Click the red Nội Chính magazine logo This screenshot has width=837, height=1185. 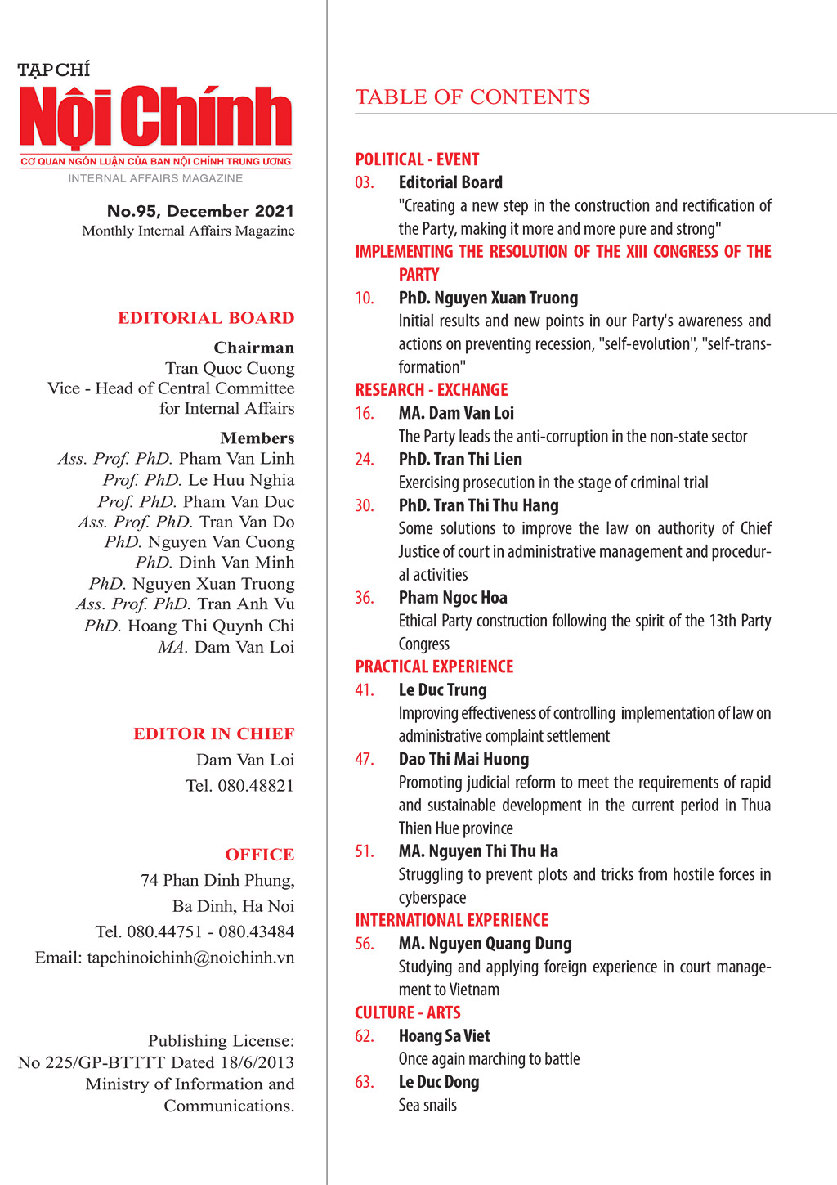(156, 117)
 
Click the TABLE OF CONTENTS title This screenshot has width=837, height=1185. (472, 97)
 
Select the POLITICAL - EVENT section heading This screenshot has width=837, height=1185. (417, 159)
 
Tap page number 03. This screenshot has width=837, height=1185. (365, 182)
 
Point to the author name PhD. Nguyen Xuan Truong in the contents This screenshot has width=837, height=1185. (488, 298)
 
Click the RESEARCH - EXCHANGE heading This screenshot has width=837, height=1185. (432, 390)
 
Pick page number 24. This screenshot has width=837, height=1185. (365, 460)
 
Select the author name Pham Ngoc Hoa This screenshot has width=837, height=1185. (453, 598)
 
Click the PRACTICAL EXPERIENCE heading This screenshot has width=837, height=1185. (434, 667)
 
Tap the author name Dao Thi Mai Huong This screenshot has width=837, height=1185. (463, 759)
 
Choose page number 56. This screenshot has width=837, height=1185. (365, 944)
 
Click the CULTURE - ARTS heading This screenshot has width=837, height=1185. (408, 1012)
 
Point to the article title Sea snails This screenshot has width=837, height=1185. (427, 1106)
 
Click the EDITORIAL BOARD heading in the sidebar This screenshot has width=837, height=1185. (206, 318)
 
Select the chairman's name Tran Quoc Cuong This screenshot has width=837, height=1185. (230, 368)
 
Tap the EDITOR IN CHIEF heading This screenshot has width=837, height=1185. (214, 734)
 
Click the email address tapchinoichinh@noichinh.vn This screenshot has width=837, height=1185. (164, 957)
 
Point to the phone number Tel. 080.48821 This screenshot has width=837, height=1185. (239, 786)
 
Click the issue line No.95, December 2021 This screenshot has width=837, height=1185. (200, 211)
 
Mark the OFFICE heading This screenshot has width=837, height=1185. (260, 855)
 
